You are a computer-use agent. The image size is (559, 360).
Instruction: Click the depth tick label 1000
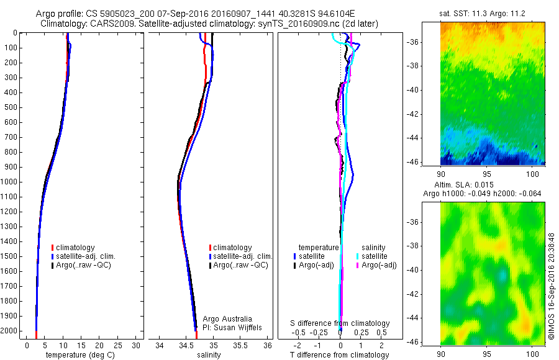point(10,182)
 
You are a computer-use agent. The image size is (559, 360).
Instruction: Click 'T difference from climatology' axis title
point(340,355)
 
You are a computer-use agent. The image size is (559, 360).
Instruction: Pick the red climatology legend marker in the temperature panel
point(53,248)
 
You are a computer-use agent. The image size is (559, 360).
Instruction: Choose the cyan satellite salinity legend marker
point(358,256)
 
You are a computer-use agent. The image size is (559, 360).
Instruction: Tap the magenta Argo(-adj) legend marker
point(358,265)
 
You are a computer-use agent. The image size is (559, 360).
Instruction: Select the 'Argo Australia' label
point(228,318)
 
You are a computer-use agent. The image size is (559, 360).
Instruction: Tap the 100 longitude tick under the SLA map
point(533,353)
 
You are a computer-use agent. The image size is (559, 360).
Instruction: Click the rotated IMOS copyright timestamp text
point(552,286)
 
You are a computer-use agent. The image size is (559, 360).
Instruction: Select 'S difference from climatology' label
point(340,323)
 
